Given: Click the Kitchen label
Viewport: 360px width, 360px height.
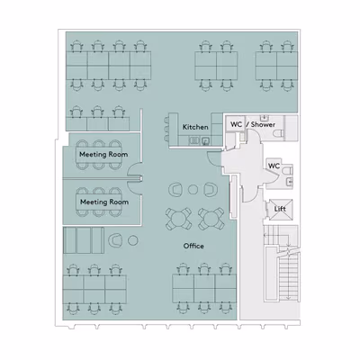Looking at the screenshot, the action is click(x=195, y=127).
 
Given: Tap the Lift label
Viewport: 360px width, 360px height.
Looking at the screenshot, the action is click(x=280, y=209).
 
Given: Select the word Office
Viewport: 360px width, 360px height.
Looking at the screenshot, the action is click(x=193, y=246).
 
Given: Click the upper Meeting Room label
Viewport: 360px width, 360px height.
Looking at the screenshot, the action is click(x=103, y=155).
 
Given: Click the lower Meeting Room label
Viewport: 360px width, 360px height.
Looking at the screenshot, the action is click(x=104, y=202).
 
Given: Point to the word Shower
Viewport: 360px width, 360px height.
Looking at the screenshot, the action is click(x=263, y=124).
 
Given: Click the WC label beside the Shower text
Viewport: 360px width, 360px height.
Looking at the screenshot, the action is click(x=237, y=124).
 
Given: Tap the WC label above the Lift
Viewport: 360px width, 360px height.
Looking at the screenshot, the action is click(x=274, y=166).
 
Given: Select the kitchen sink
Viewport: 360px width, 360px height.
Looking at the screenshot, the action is click(x=205, y=140).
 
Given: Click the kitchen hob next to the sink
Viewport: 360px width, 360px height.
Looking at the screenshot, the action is click(x=194, y=139).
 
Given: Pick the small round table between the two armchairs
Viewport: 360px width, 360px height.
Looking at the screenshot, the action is click(x=193, y=189).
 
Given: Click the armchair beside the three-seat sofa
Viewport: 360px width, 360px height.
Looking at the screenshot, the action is click(x=115, y=240).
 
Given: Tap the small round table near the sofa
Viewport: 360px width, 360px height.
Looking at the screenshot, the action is click(x=133, y=240).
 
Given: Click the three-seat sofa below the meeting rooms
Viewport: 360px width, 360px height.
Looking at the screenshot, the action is click(x=84, y=240).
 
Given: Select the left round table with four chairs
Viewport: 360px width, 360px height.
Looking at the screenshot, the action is click(x=178, y=218).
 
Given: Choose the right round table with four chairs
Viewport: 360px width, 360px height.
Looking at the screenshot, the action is click(x=211, y=218).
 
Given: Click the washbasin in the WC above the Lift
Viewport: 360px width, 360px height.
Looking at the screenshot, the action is click(x=290, y=182).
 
